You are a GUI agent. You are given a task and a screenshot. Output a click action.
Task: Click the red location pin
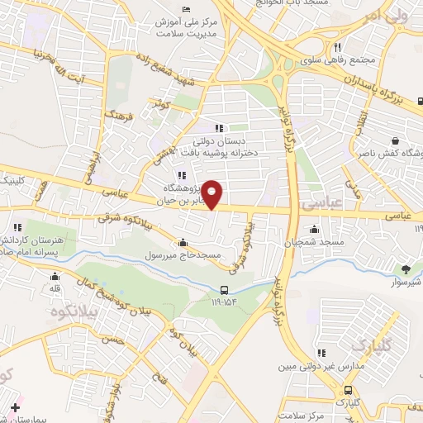[x=212, y=193]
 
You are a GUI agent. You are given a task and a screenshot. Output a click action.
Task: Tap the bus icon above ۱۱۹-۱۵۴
[x=225, y=290]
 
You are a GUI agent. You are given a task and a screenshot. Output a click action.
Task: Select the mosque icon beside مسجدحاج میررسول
[x=182, y=242]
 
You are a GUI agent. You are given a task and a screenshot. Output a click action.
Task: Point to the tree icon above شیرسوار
[x=406, y=269]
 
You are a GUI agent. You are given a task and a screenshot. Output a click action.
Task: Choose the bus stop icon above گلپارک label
[x=348, y=389]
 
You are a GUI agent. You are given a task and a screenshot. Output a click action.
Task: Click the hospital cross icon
[x=15, y=407]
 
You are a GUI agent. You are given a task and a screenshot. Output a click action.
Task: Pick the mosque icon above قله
[x=56, y=276]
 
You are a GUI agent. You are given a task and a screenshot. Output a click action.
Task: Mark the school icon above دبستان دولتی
[x=218, y=127]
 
